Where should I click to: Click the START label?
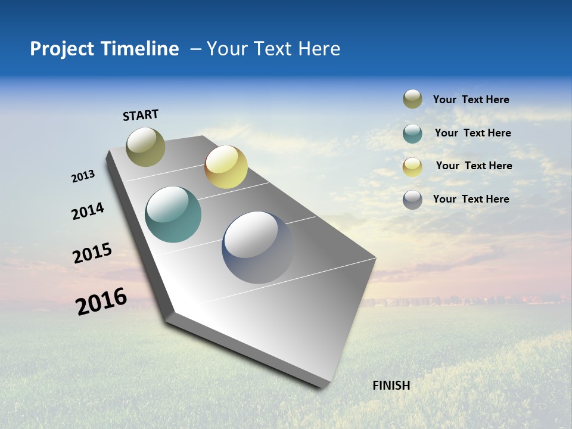coord(141,115)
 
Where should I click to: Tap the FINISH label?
coord(391,386)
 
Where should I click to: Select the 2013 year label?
coord(83,176)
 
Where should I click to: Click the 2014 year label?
coord(88,211)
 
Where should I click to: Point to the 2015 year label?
coord(92,253)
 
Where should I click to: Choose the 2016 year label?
coord(101,301)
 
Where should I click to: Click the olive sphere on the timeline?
coord(146,147)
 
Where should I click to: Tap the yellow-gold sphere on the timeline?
coord(226,167)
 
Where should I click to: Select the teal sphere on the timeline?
coord(173,214)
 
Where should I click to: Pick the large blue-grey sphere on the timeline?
coord(257,247)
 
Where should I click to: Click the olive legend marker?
coord(412,100)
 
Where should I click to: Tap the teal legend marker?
coord(412,133)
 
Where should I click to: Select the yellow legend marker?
coord(412,167)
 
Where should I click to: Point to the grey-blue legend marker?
coord(412,200)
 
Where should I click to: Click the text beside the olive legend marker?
coord(471,100)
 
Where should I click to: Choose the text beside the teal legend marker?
coord(472,133)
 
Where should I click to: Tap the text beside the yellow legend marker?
coord(474,166)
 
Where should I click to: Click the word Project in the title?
coord(63,49)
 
